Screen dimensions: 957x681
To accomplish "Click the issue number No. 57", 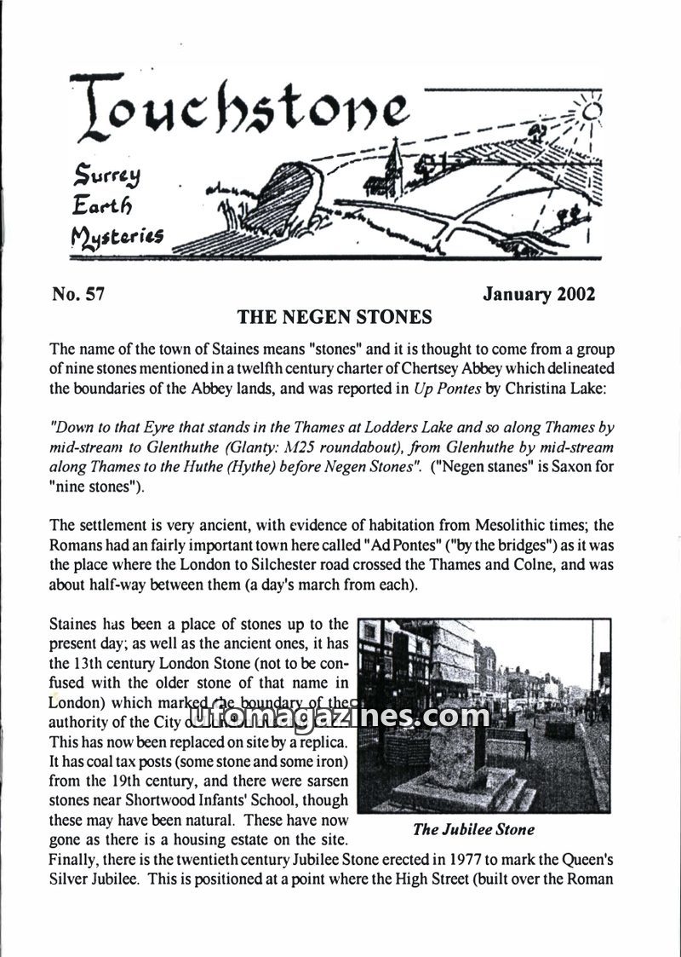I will click(77, 295).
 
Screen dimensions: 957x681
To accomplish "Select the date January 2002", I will click(539, 295).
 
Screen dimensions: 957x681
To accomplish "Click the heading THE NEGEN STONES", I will click(335, 318).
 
